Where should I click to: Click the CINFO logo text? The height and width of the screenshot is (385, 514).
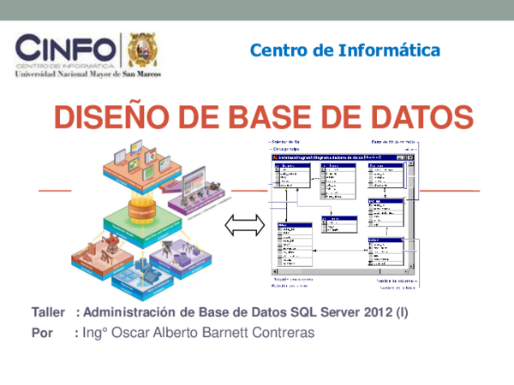[x=64, y=50]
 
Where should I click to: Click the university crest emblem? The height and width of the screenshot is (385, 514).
[x=142, y=50]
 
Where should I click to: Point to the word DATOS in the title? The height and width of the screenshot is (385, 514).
[x=417, y=115]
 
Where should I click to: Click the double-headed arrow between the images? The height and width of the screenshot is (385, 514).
[x=241, y=226]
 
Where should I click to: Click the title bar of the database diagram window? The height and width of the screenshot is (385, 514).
[x=334, y=157]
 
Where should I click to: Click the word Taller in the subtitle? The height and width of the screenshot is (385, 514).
[x=49, y=313]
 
